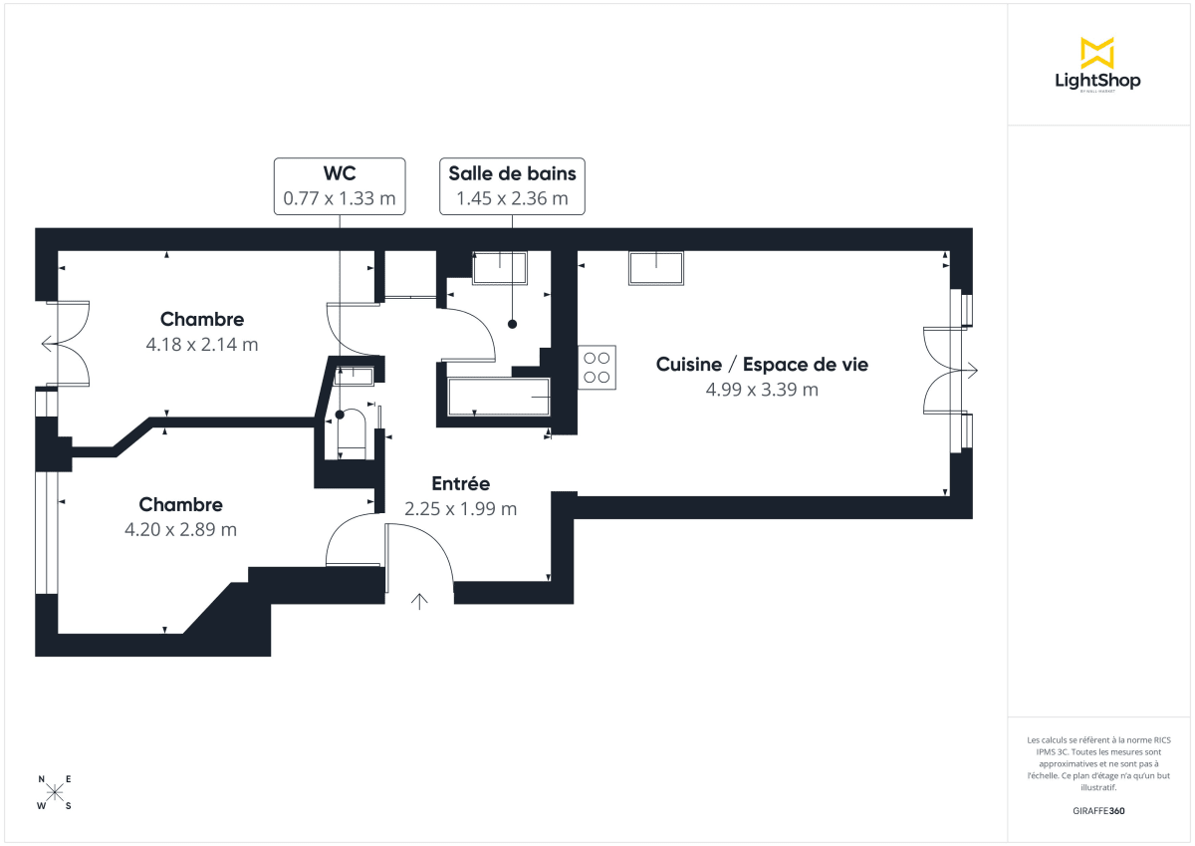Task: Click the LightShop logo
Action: (1097, 66)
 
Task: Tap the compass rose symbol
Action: (56, 793)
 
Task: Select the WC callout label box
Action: (340, 185)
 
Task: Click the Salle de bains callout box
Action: (512, 185)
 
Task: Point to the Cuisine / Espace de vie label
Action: (762, 365)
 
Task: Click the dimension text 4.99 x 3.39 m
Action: (762, 390)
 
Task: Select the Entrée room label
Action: (460, 483)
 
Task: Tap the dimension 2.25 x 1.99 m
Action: (460, 508)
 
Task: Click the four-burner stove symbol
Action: (597, 366)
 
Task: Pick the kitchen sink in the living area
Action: (656, 268)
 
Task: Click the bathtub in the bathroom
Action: (499, 398)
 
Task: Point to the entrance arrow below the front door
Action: (419, 600)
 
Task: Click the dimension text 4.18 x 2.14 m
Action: (202, 345)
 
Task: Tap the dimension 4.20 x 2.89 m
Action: (180, 529)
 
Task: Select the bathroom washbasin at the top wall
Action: (498, 267)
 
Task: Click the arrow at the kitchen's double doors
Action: (971, 371)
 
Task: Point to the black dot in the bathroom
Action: (513, 324)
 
